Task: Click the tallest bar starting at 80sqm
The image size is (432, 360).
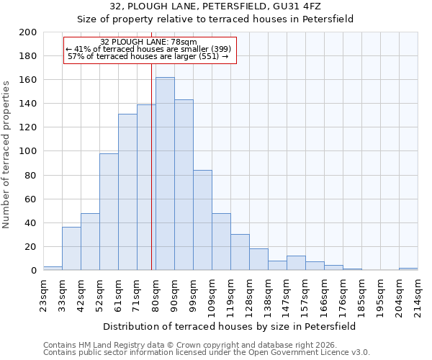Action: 165,174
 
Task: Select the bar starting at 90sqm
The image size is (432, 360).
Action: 184,185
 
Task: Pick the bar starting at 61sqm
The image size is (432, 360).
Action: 127,192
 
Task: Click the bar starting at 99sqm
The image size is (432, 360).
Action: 202,220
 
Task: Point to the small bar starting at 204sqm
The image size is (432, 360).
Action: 408,269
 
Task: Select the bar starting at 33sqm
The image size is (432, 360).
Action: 71,248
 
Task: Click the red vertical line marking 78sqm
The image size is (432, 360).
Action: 151,180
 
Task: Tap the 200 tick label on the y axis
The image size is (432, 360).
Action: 28,32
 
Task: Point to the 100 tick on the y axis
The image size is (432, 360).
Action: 28,151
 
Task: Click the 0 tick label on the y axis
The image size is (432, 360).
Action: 33,271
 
